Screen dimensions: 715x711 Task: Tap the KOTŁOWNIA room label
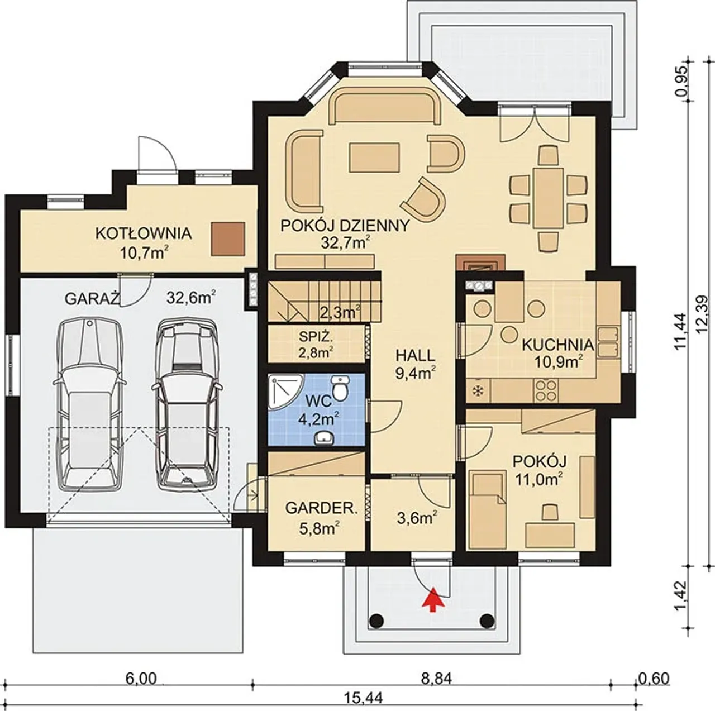pyautogui.click(x=144, y=233)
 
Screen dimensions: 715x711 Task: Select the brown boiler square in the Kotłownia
pyautogui.click(x=228, y=238)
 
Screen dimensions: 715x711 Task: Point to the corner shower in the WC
pyautogui.click(x=284, y=390)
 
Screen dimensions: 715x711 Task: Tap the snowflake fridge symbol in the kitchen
pyautogui.click(x=477, y=391)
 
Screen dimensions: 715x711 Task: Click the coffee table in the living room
pyautogui.click(x=374, y=158)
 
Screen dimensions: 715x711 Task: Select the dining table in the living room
pyautogui.click(x=548, y=198)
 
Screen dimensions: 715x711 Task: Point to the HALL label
pyautogui.click(x=415, y=355)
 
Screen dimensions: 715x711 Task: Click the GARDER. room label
pyautogui.click(x=321, y=508)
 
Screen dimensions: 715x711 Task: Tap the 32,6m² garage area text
pyautogui.click(x=192, y=297)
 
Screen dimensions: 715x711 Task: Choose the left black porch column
pyautogui.click(x=377, y=620)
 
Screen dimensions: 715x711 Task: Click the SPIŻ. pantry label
pyautogui.click(x=316, y=337)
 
